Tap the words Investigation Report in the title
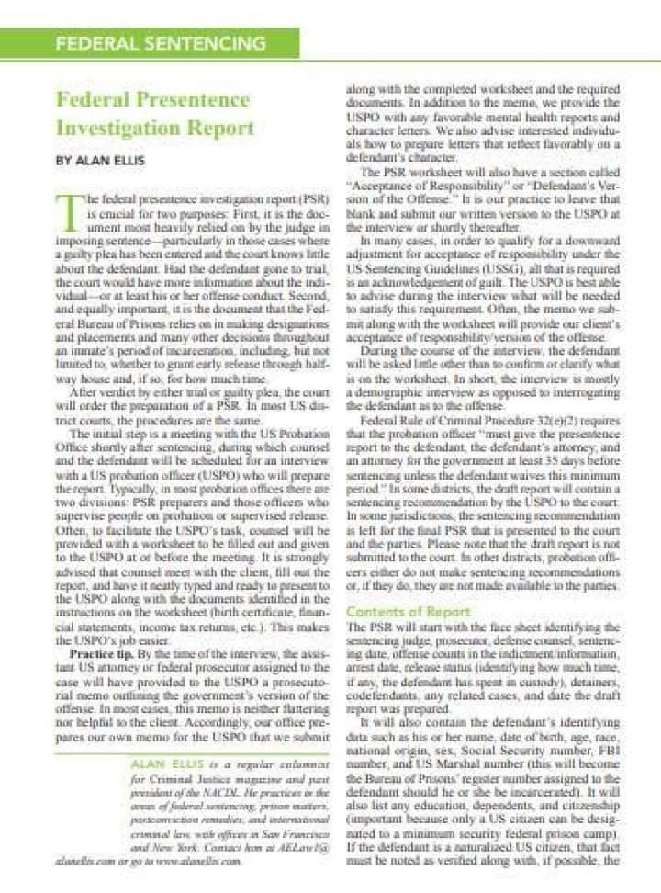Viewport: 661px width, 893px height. (x=153, y=128)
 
